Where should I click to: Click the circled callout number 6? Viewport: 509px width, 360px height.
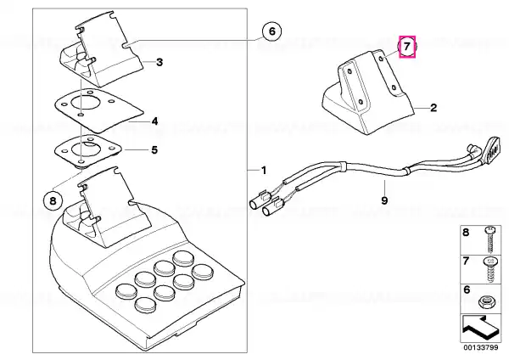click(272, 31)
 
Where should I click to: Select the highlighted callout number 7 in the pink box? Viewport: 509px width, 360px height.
click(407, 47)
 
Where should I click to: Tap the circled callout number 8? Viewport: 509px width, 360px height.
click(53, 201)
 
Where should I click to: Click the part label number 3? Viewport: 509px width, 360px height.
click(159, 62)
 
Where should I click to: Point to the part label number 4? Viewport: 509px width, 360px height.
click(155, 121)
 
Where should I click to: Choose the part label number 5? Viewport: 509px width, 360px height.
click(154, 150)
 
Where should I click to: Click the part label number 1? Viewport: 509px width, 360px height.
click(264, 171)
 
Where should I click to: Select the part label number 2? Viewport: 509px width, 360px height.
click(433, 108)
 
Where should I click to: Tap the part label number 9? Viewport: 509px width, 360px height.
click(384, 200)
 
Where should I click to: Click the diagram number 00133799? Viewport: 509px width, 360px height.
click(480, 347)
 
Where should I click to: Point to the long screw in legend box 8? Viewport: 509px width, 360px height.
click(489, 239)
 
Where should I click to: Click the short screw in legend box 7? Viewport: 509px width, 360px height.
click(489, 270)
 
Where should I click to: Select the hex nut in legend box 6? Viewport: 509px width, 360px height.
click(486, 302)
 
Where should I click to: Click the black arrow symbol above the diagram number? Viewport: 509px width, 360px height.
click(478, 328)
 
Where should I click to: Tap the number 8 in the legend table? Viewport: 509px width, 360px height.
click(466, 233)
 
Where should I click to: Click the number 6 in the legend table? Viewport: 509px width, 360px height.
click(467, 290)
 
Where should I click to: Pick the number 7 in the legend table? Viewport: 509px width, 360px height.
click(466, 261)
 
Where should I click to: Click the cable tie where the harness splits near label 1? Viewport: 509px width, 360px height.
click(343, 166)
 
